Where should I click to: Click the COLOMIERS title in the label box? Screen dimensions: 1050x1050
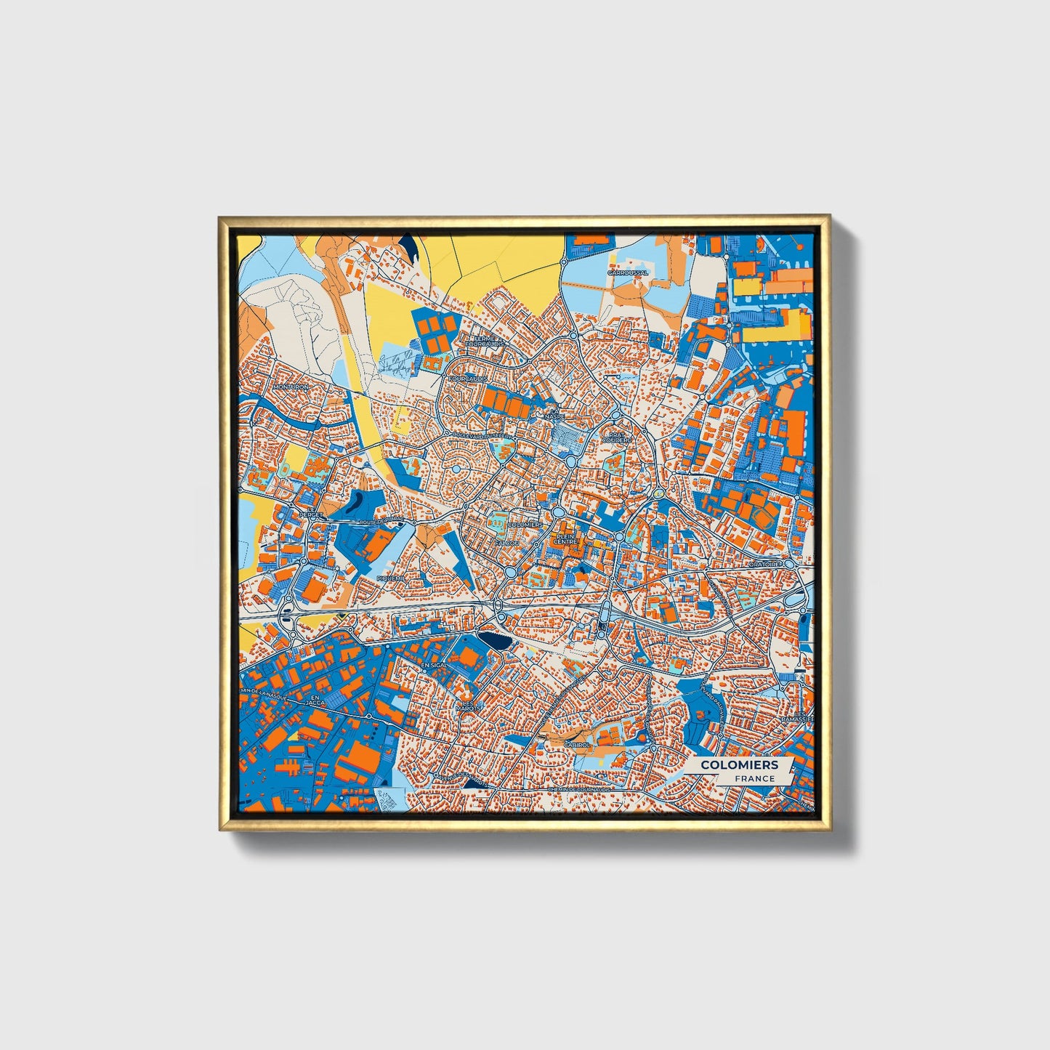click(x=738, y=764)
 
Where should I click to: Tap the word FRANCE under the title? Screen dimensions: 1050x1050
click(x=754, y=778)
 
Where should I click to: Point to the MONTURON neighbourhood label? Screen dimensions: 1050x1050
click(x=291, y=387)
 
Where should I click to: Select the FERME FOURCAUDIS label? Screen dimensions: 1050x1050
click(x=484, y=341)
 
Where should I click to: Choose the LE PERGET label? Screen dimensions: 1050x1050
click(x=314, y=512)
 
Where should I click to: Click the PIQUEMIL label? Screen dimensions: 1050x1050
click(x=392, y=577)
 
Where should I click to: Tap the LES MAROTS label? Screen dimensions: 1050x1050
click(x=469, y=705)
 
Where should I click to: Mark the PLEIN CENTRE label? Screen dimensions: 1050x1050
click(x=565, y=538)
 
